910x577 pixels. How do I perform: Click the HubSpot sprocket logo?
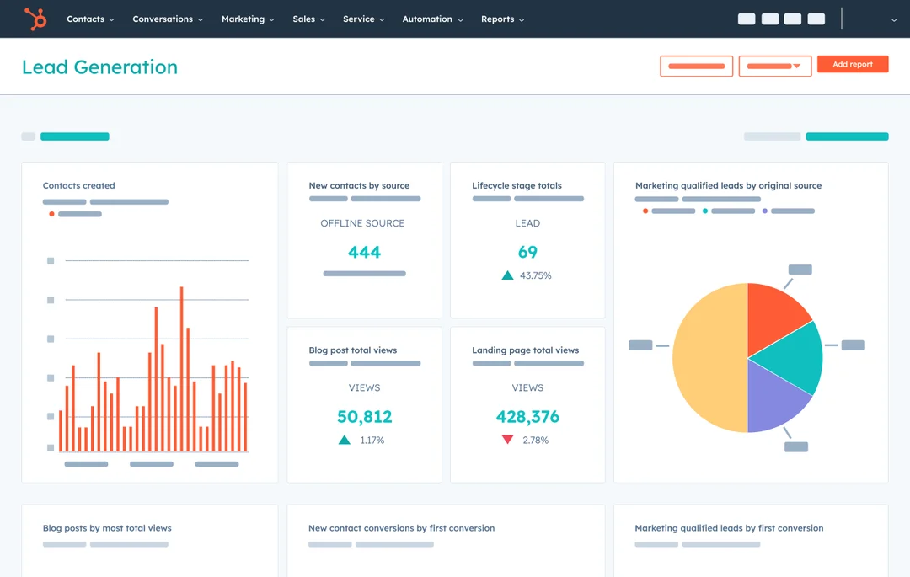coord(35,19)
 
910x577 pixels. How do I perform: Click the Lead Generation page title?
coord(99,67)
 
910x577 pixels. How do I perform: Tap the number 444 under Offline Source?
coord(364,252)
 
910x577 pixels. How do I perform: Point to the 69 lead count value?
coord(527,252)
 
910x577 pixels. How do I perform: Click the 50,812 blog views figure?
coord(364,416)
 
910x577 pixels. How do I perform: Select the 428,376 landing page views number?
coord(527,416)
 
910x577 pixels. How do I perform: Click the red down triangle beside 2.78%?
coord(507,440)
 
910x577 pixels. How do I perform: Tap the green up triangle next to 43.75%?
coord(507,275)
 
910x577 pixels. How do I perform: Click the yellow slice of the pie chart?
coord(708,358)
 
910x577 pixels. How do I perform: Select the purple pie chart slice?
coord(775,396)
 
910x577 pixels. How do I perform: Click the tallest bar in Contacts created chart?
coord(181,371)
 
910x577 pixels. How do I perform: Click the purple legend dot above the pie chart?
coord(765,211)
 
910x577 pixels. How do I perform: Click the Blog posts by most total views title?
coord(107,528)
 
